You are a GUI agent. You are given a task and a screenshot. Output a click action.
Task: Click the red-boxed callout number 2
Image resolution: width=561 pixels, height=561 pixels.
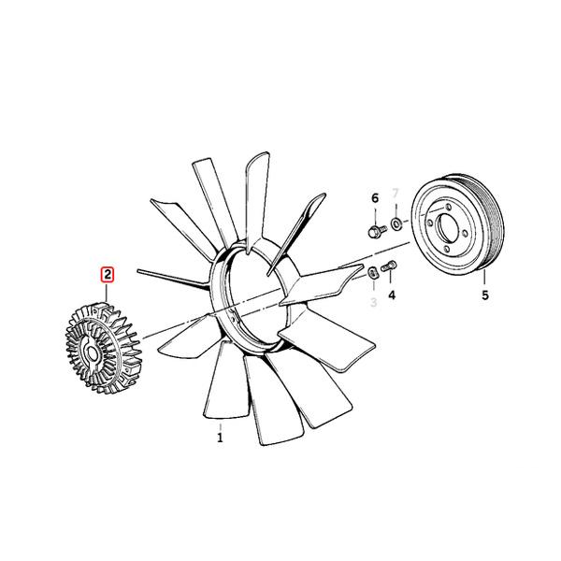[108, 275]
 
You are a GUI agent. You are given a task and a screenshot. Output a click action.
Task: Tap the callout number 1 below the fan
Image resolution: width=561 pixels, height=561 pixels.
[221, 437]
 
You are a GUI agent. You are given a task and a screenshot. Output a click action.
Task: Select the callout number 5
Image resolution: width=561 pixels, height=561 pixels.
[484, 296]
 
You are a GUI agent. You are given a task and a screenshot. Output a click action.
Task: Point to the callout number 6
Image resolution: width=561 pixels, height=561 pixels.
[375, 198]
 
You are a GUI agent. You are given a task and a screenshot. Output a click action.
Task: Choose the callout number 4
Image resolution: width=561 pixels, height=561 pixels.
[393, 295]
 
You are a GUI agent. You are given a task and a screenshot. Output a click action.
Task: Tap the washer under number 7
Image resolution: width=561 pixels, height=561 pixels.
[396, 224]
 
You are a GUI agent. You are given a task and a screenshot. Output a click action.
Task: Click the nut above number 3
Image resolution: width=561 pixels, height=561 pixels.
[371, 272]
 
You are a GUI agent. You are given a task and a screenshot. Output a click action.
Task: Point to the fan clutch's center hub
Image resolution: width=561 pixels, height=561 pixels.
[92, 353]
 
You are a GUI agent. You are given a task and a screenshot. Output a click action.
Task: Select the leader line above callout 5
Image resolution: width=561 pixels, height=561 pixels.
[484, 278]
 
